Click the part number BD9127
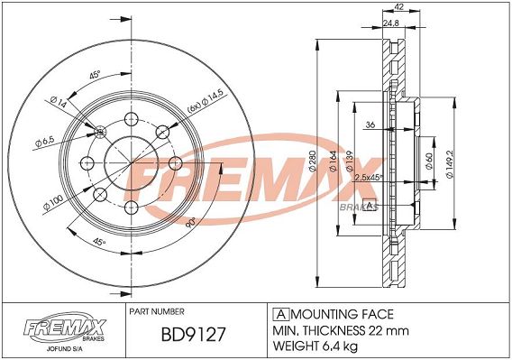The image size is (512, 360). [x=193, y=334]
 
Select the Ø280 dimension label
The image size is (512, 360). [x=312, y=162]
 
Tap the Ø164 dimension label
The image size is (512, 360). [x=333, y=162]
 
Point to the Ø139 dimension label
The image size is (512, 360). [x=350, y=162]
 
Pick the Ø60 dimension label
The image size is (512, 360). [x=429, y=162]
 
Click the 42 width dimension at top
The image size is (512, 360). [x=399, y=7]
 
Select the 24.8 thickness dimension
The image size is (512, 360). [x=390, y=23]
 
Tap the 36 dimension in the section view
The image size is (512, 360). [x=370, y=125]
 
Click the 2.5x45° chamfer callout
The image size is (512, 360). [x=369, y=178]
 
